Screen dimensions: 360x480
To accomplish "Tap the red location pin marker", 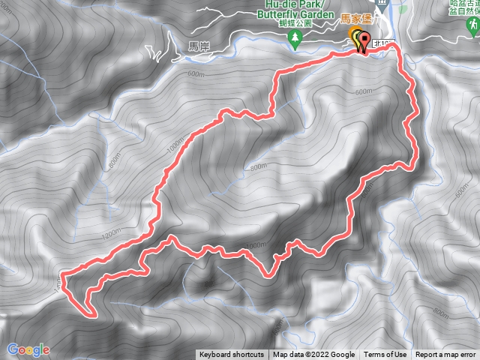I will [x=364, y=41].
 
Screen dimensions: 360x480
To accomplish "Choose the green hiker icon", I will [x=472, y=28].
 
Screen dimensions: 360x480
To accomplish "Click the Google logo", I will [x=28, y=349].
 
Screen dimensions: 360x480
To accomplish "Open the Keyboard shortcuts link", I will [x=232, y=355].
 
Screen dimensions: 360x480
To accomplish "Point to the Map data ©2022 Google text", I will [x=314, y=355].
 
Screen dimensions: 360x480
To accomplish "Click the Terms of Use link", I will [x=386, y=355].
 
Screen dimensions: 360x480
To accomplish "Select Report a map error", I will [x=445, y=355].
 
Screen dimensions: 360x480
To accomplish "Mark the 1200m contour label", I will [x=110, y=235].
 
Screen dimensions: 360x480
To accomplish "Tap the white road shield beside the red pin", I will [x=382, y=46].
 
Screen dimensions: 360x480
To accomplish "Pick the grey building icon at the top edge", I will [x=383, y=4].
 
